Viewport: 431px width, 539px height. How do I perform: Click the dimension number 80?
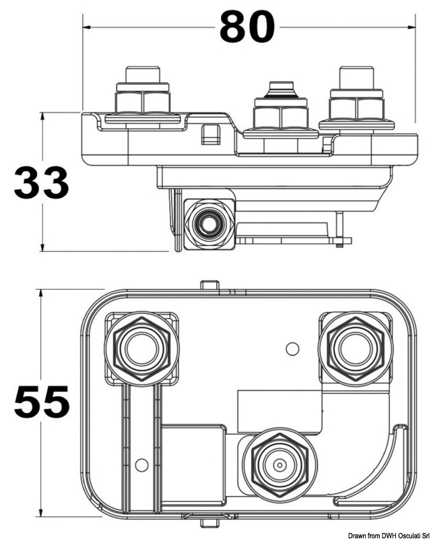[247, 28]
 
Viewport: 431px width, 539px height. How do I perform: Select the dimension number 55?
[42, 402]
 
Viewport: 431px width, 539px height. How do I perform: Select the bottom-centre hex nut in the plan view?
[278, 463]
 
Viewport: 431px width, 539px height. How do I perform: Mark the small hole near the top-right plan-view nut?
[292, 348]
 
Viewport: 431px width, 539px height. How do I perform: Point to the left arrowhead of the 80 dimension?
[86, 28]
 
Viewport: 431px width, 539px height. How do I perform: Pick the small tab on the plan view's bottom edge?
[210, 519]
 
